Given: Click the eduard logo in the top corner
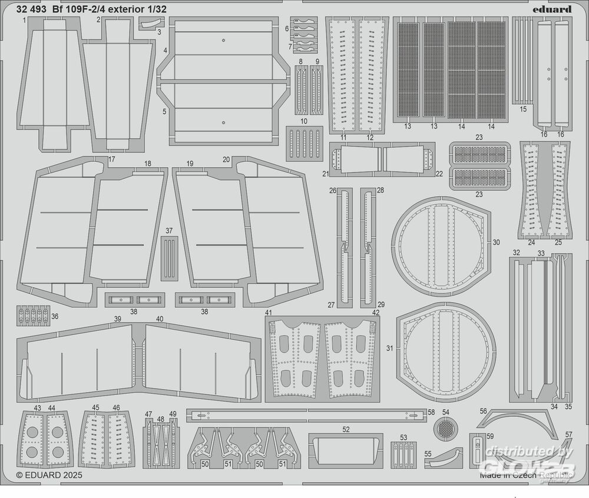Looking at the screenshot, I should [555, 9].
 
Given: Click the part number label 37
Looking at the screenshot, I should [169, 230].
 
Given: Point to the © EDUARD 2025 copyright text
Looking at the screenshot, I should [49, 474].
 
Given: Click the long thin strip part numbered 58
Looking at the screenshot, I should [306, 415].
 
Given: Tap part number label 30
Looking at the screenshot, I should [496, 242].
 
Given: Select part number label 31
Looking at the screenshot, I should [389, 348].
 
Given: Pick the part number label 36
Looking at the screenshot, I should [55, 316].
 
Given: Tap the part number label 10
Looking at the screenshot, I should [303, 121].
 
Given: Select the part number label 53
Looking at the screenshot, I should [403, 437].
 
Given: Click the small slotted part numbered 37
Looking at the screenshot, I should [169, 257].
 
